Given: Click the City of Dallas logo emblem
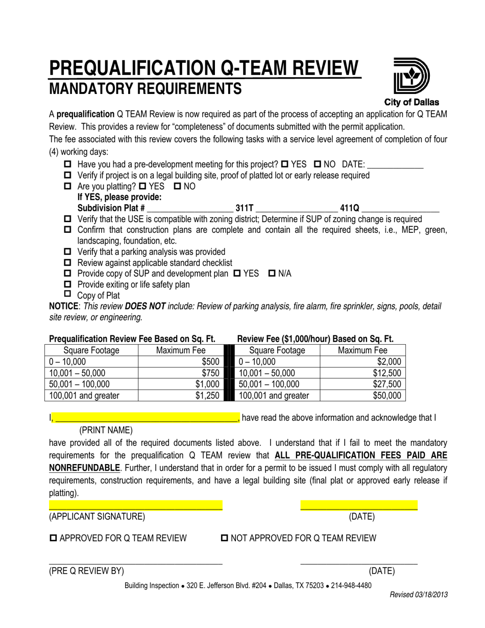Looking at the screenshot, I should coord(411,77).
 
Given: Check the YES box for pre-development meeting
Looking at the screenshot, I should coord(285,164).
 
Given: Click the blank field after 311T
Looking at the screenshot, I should coord(296,208).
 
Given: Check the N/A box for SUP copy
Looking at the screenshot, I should coord(272,274).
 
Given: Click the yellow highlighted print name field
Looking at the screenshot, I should coord(146,418).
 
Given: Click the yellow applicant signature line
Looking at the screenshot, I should coord(135,505).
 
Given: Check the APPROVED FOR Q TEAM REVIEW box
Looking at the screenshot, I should coord(54,538).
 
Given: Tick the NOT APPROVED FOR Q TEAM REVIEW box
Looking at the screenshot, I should coord(225,538).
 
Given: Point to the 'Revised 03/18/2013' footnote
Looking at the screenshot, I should coord(419,595).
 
